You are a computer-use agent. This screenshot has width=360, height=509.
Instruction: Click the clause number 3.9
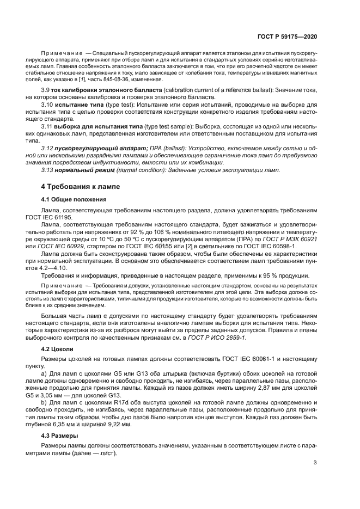point(46,89)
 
